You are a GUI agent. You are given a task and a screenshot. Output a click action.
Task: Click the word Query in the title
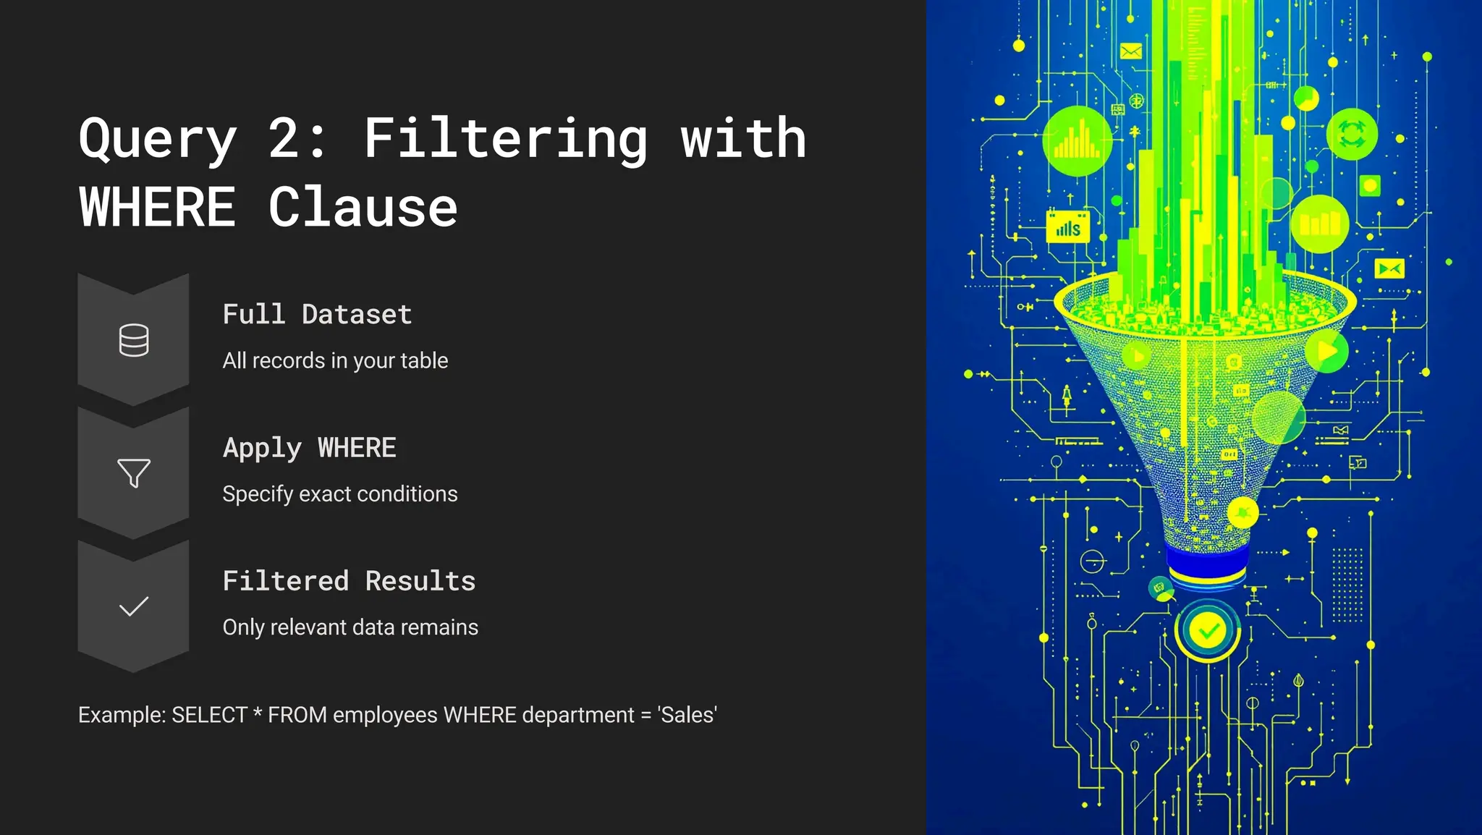pyautogui.click(x=158, y=139)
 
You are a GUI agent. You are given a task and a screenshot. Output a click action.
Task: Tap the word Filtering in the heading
pyautogui.click(x=506, y=139)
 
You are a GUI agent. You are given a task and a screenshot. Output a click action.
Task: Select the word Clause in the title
pyautogui.click(x=363, y=208)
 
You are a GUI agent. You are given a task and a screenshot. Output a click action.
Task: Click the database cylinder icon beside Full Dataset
pyautogui.click(x=134, y=340)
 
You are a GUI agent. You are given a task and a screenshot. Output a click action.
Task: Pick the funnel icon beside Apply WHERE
pyautogui.click(x=134, y=473)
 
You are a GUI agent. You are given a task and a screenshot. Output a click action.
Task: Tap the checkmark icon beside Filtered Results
pyautogui.click(x=134, y=606)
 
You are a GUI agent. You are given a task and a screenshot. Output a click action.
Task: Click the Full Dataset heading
pyautogui.click(x=317, y=315)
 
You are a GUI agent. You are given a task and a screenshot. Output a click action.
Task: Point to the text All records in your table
pyautogui.click(x=335, y=360)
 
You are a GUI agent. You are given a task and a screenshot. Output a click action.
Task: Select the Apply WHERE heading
pyautogui.click(x=309, y=448)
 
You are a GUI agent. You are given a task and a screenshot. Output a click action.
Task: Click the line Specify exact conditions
pyautogui.click(x=339, y=493)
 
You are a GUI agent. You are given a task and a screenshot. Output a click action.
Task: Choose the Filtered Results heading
pyautogui.click(x=349, y=581)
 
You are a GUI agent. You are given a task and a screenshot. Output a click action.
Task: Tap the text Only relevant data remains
pyautogui.click(x=350, y=627)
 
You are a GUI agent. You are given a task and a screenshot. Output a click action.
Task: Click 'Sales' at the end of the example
pyautogui.click(x=687, y=715)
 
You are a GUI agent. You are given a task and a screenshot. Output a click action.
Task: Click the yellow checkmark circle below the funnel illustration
pyautogui.click(x=1208, y=631)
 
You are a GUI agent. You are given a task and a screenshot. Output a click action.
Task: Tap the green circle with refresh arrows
pyautogui.click(x=1351, y=134)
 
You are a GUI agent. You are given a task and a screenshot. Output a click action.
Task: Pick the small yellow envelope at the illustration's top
pyautogui.click(x=1130, y=51)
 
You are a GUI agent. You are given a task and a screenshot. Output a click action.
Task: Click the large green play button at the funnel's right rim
pyautogui.click(x=1326, y=352)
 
